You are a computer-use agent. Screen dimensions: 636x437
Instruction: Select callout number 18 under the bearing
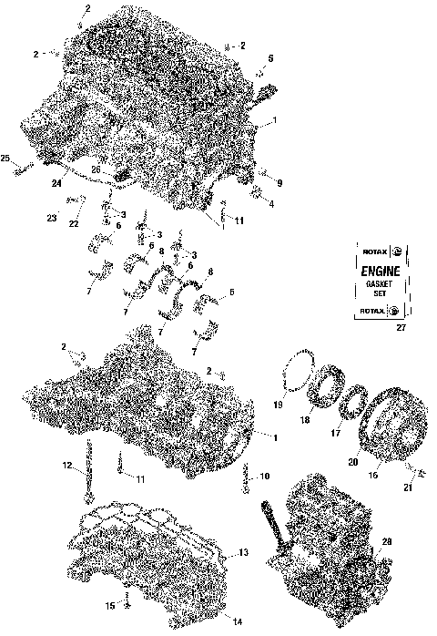[306, 421]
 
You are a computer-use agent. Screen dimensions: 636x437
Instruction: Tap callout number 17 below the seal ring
[335, 434]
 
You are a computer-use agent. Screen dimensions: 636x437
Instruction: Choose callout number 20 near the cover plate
[351, 462]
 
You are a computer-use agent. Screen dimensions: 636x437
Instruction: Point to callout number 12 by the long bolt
[68, 466]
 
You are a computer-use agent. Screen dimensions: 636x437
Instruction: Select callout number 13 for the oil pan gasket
[242, 553]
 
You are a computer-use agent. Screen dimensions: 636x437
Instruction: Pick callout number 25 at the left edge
[6, 159]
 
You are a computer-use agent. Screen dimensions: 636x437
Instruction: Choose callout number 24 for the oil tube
[56, 183]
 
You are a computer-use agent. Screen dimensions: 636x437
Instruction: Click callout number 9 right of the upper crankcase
[279, 183]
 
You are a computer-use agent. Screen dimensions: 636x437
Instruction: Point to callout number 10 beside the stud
[265, 476]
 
